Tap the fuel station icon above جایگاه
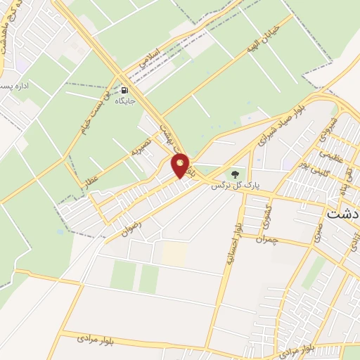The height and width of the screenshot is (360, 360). tap(125, 90)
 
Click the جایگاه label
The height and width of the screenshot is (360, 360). tap(125, 101)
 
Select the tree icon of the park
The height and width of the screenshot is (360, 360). tap(234, 173)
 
